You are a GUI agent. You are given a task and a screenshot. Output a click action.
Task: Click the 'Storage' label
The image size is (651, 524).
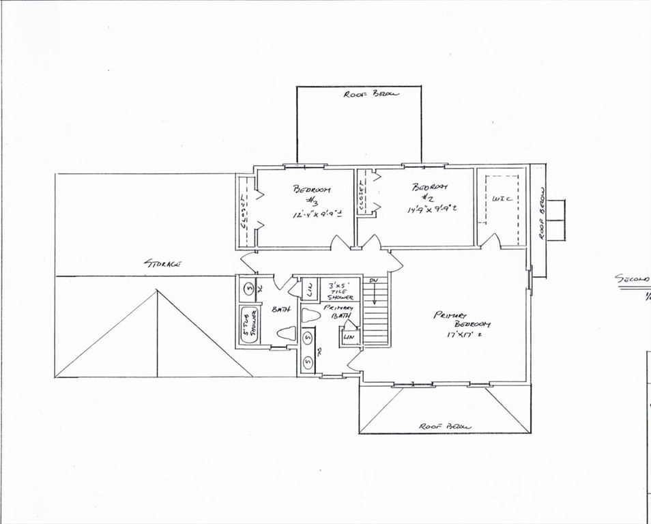[162, 263]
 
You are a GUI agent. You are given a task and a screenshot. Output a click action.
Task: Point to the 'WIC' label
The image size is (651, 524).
[502, 199]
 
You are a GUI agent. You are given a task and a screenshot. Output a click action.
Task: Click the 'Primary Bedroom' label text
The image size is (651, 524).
[463, 319]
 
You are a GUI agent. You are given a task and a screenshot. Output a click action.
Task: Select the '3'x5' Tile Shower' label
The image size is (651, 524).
[341, 291]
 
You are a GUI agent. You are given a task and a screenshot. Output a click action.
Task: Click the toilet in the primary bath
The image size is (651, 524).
[311, 315]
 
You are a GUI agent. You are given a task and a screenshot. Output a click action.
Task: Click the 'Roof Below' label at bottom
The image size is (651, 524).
[445, 426]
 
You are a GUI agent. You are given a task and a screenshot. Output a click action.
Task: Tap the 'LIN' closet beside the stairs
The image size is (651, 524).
[350, 337]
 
